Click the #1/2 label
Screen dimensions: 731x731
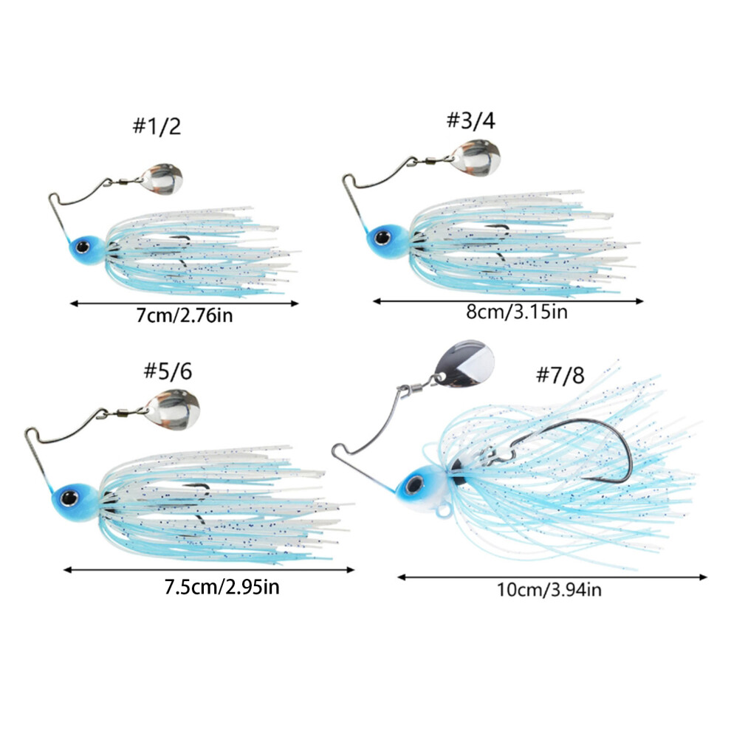click(157, 126)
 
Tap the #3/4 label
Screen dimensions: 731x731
click(471, 120)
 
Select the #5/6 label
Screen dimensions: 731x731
click(168, 371)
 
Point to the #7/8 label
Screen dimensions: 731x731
click(560, 375)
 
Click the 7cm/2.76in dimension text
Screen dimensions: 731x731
click(184, 315)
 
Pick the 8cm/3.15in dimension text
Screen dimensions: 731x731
click(517, 312)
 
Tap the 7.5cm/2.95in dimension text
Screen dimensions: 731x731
click(222, 586)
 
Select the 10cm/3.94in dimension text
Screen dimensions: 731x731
click(549, 590)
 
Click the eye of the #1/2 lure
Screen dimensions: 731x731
click(83, 246)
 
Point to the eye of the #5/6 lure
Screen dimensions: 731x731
click(69, 498)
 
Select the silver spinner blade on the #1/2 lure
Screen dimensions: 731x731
click(162, 179)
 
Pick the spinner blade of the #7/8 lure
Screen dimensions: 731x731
click(464, 363)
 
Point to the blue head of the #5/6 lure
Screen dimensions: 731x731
click(75, 501)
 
